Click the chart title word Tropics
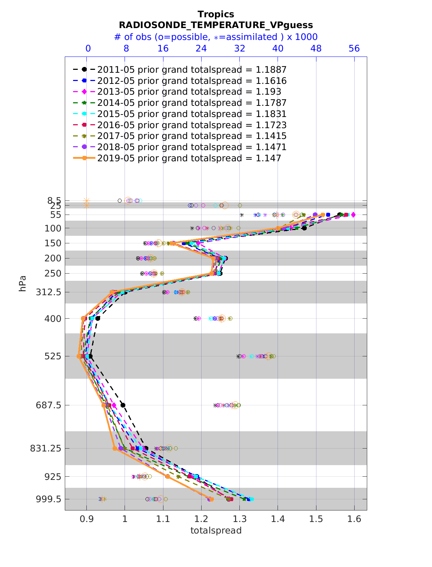point(216,14)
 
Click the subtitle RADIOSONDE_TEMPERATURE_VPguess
point(216,25)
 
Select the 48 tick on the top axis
point(316,49)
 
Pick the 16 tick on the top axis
point(163,49)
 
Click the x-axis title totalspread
point(216,530)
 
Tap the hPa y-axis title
point(23,283)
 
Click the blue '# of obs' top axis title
point(216,37)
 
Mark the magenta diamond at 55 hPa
point(353,215)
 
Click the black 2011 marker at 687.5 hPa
point(123,405)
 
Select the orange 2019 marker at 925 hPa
point(167,477)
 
